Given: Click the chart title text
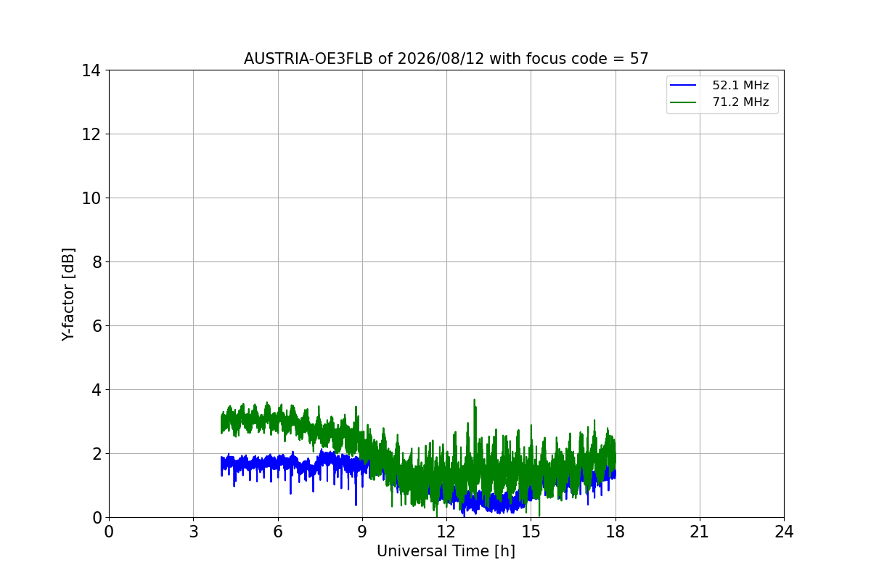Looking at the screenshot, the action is pyautogui.click(x=446, y=59).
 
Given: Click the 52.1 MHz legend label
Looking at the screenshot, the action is pyautogui.click(x=740, y=85).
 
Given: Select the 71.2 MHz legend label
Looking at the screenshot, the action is pyautogui.click(x=740, y=102).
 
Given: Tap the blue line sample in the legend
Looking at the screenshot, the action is pyautogui.click(x=683, y=85).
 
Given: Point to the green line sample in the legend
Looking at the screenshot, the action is pyautogui.click(x=683, y=102).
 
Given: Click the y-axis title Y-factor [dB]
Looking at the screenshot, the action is pyautogui.click(x=68, y=295).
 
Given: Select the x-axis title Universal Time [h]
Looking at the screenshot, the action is pyautogui.click(x=446, y=551).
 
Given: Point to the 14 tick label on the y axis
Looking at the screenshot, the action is pyautogui.click(x=91, y=71).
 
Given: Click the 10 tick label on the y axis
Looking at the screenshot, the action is pyautogui.click(x=91, y=198).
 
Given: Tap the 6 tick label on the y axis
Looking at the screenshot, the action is pyautogui.click(x=97, y=326).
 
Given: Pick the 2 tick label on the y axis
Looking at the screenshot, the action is pyautogui.click(x=97, y=454).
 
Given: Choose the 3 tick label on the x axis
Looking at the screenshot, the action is pyautogui.click(x=194, y=532).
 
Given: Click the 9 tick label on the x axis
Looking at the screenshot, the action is pyautogui.click(x=362, y=532).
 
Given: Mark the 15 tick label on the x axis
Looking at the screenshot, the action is pyautogui.click(x=531, y=532).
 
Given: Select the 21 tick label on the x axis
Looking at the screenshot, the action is pyautogui.click(x=700, y=532).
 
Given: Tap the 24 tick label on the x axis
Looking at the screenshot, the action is pyautogui.click(x=784, y=532).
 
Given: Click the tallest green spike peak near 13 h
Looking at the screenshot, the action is pyautogui.click(x=475, y=399).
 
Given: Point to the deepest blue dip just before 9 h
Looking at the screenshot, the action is pyautogui.click(x=356, y=505).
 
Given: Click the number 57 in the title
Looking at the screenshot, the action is pyautogui.click(x=639, y=59).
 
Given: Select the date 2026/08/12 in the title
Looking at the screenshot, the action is pyautogui.click(x=441, y=59).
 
